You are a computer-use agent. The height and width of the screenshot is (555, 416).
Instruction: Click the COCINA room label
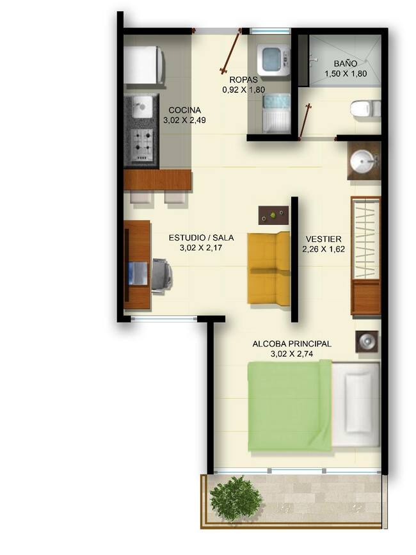[x=184, y=109]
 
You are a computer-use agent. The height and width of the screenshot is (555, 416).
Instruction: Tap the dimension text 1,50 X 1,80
[x=346, y=74]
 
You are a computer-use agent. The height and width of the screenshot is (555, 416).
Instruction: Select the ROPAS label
[x=243, y=79]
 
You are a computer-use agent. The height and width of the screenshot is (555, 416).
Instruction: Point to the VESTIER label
[x=324, y=239]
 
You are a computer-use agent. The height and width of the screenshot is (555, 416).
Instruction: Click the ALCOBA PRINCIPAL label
[x=292, y=343]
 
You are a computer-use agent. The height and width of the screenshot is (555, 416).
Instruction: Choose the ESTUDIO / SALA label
[x=201, y=237]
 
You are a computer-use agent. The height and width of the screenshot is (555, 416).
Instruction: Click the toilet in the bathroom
[x=365, y=108]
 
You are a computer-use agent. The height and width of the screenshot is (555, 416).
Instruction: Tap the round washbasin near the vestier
[x=362, y=162]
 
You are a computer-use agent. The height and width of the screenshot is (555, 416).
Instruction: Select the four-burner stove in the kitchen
[x=143, y=145]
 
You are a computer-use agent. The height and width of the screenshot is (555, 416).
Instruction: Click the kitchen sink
[x=142, y=106]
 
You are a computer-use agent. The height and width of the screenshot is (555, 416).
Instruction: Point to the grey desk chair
[x=162, y=275]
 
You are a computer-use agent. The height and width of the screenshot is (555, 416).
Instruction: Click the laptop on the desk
[x=138, y=273]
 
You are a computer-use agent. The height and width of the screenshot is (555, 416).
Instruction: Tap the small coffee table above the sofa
[x=273, y=215]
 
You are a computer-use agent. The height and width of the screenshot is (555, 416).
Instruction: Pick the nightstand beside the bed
[x=367, y=341]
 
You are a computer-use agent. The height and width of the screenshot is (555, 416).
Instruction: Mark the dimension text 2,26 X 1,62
[x=324, y=249]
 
